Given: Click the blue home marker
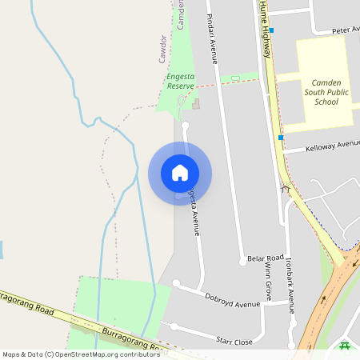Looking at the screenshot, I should [180, 173].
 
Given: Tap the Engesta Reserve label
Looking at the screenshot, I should [175, 81].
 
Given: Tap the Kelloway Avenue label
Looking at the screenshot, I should [333, 146].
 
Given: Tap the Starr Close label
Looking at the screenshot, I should [234, 342].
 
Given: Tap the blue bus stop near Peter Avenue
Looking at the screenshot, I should [272, 30].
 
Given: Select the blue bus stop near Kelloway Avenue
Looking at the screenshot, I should [281, 138].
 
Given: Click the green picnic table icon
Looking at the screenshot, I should [345, 346].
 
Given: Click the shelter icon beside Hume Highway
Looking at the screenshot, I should [286, 190].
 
